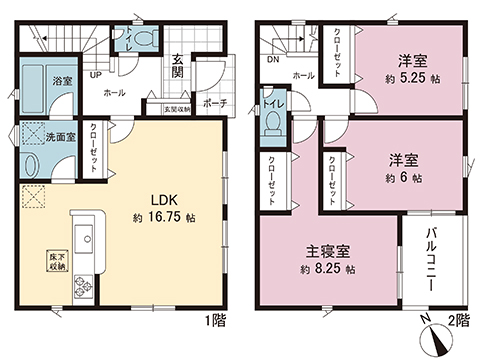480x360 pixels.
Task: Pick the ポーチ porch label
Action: tap(213, 103)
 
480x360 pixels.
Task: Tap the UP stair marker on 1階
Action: tap(95, 75)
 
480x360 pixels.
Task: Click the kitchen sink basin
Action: tap(84, 240)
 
